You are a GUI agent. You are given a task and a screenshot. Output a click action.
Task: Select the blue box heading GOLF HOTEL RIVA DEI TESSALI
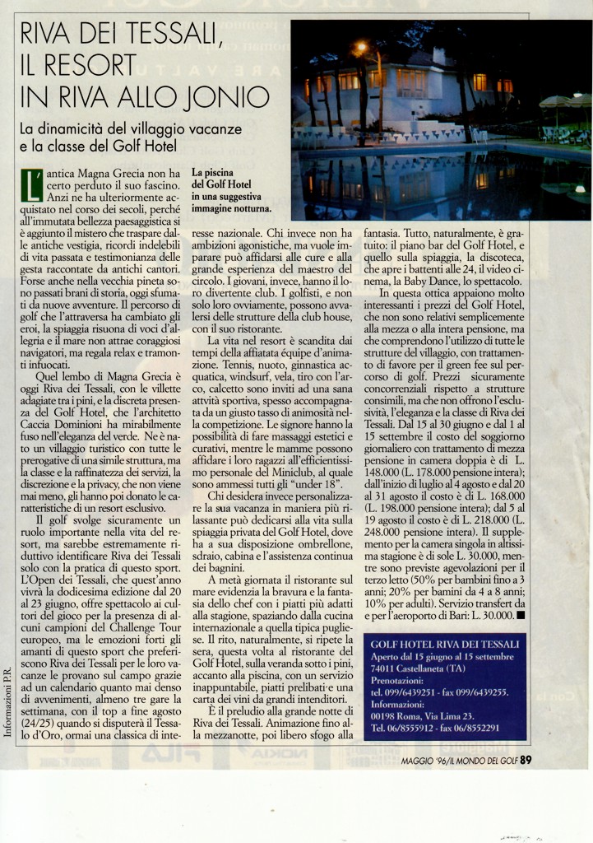point(444,643)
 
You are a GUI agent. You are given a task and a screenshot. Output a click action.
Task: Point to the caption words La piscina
point(213,174)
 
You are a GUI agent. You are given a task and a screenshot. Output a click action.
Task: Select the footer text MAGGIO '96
point(429,761)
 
